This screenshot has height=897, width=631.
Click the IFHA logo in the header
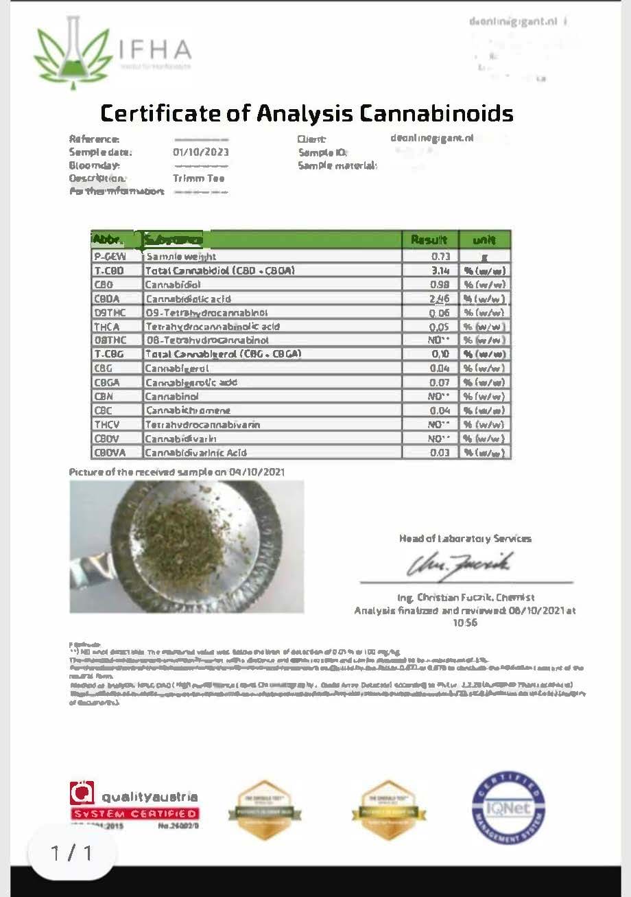tap(113, 50)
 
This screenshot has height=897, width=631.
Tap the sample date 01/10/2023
tap(201, 152)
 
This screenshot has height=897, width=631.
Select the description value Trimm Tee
tap(198, 178)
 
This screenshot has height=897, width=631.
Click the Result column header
tap(429, 240)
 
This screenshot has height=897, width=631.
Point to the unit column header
tap(484, 240)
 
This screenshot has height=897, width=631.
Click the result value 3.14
tap(440, 270)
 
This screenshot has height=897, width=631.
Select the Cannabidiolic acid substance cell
tap(188, 299)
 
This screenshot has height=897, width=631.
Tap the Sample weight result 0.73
tap(440, 256)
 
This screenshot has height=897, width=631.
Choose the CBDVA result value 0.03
tap(440, 452)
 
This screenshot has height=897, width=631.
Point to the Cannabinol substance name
tap(171, 396)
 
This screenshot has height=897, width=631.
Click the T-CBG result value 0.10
tap(440, 354)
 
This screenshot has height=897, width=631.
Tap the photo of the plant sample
tap(187, 546)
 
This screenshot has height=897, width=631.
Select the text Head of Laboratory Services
tap(465, 539)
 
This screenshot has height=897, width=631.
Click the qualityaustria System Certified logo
tap(134, 804)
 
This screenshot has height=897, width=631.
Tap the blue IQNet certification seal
tap(508, 807)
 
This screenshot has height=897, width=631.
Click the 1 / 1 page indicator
tap(71, 853)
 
